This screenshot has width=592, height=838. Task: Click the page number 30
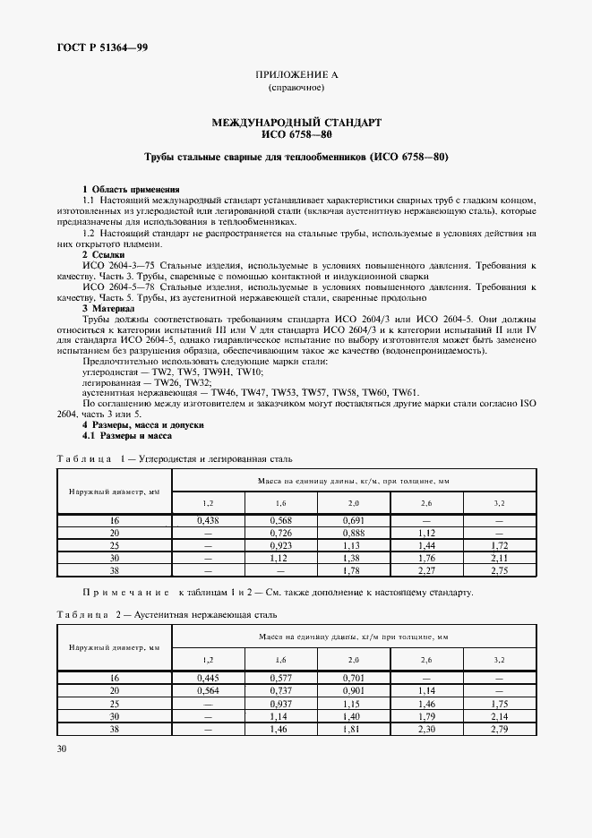point(62,748)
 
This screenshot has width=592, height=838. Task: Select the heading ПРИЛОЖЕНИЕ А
point(295,75)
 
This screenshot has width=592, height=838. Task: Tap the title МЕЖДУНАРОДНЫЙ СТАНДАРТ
point(296,121)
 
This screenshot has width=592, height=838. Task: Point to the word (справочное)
point(296,89)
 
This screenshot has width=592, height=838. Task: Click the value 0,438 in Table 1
point(208,520)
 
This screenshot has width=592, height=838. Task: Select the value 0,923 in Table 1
point(281,544)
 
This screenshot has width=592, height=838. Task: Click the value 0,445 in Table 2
point(208,679)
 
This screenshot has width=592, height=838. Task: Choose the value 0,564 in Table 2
point(208,691)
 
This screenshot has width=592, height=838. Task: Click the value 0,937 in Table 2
point(281,705)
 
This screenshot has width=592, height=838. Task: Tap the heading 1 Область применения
point(131,189)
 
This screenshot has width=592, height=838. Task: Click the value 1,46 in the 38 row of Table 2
point(281,730)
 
